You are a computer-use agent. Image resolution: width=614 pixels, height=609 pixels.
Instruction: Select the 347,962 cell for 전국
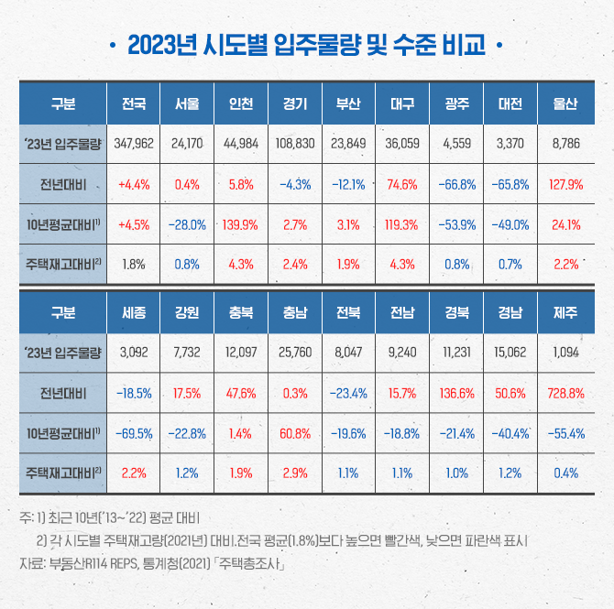(134, 144)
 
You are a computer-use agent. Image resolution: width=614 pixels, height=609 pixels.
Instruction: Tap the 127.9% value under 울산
(565, 184)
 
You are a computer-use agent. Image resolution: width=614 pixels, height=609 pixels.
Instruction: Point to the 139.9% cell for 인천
(240, 224)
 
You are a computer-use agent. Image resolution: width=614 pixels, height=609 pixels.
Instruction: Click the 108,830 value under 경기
(294, 144)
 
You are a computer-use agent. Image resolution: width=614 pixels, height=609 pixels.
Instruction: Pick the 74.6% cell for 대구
(402, 184)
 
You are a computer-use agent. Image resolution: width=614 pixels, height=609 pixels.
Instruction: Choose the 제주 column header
(565, 312)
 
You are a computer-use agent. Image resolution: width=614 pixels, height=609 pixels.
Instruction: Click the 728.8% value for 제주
(565, 393)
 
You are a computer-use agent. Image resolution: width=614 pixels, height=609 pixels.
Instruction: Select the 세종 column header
(134, 312)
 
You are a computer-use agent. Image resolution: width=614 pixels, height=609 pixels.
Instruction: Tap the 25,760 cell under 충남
(294, 353)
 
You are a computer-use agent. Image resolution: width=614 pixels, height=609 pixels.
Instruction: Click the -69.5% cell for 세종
(134, 433)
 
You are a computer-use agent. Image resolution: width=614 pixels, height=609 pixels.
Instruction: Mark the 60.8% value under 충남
(294, 433)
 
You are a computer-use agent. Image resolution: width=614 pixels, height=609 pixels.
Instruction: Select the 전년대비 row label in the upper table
(63, 184)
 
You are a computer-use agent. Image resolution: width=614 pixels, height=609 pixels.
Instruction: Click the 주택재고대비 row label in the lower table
(63, 473)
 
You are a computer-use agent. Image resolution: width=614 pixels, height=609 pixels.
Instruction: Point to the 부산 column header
(348, 103)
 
